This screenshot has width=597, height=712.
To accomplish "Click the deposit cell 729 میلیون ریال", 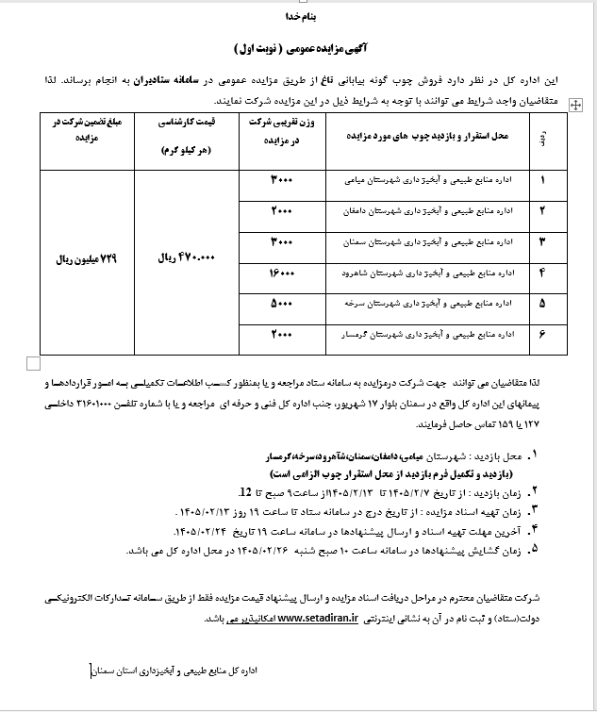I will coord(77,257).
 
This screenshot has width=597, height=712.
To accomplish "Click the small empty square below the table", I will coord(34,362).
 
